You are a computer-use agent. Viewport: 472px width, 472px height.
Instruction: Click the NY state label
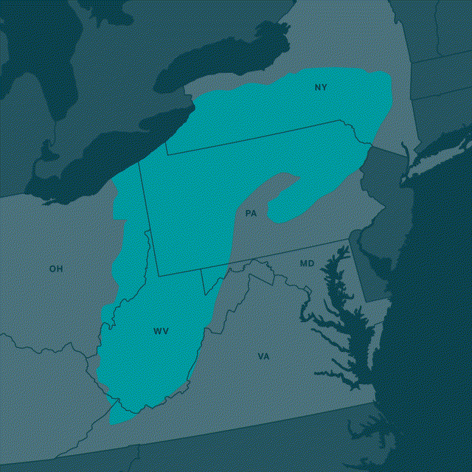(320, 88)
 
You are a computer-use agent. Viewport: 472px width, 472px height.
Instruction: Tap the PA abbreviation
(251, 213)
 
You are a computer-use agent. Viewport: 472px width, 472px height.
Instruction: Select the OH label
(56, 268)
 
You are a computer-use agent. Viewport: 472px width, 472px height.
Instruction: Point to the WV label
(161, 331)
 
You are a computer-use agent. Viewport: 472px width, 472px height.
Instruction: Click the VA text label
(263, 356)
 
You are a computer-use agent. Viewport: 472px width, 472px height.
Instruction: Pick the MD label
(307, 263)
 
